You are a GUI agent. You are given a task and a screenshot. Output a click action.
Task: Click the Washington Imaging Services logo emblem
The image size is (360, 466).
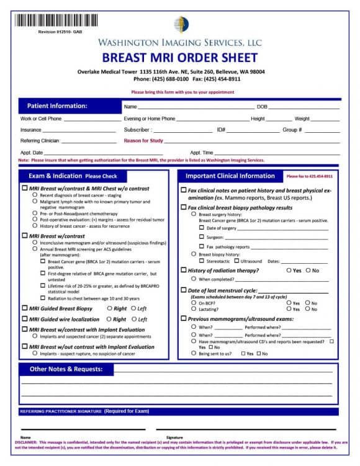[181, 24]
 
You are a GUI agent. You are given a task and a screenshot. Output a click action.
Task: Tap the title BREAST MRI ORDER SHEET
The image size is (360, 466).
[179, 58]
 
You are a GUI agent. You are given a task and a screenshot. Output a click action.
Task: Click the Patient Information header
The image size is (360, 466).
[57, 106]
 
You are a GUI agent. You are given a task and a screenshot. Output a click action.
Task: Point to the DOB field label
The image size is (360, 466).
[262, 107]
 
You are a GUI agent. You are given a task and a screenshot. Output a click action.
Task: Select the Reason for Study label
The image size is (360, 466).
[143, 141]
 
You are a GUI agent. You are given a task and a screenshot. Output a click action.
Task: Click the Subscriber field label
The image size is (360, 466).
[137, 130]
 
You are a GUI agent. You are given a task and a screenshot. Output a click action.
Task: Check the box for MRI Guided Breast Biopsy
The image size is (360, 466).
[25, 308]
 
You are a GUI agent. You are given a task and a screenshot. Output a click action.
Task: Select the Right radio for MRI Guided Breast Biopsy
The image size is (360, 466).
[110, 308]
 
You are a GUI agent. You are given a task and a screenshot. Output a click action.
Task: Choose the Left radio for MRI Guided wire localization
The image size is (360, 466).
[133, 319]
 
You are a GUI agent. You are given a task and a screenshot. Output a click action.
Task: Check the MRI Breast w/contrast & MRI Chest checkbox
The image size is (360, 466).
[25, 188]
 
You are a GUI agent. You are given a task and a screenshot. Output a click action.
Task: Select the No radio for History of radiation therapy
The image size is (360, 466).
[307, 271]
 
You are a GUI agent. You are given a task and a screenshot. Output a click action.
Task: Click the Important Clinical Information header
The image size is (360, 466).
[230, 176]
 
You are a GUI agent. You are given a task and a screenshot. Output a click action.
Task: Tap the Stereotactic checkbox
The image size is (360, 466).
[201, 261]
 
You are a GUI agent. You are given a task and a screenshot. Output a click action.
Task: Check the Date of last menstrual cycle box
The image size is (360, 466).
[183, 290]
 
